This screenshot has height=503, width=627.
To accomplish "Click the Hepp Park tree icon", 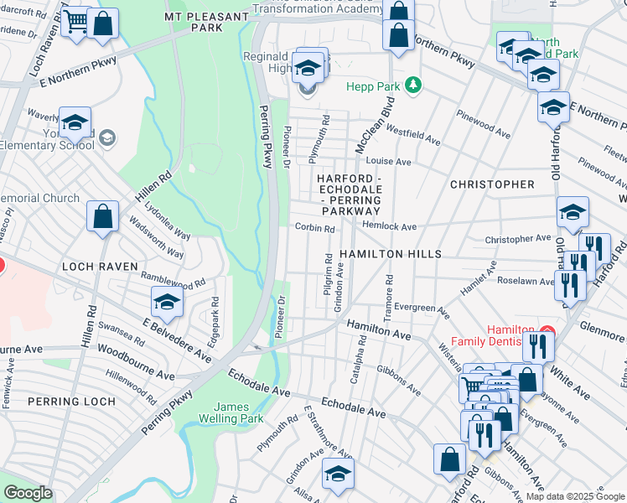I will click(412, 86).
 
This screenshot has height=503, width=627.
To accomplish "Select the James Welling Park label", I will click(231, 412).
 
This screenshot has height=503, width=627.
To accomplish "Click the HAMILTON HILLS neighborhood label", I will click(391, 253).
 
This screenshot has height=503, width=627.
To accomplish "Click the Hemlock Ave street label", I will click(389, 226).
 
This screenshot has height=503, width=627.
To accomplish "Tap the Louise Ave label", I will click(389, 161).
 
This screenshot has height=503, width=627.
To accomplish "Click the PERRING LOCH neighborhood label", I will click(71, 402).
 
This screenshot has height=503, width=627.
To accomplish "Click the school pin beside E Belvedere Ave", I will click(167, 303).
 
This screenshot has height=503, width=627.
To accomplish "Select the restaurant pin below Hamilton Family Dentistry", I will click(537, 345).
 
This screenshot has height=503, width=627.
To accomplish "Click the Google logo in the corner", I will click(28, 493).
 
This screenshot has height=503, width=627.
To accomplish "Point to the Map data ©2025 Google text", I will click(574, 496).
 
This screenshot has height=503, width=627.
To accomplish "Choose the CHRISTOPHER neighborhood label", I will click(491, 184).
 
